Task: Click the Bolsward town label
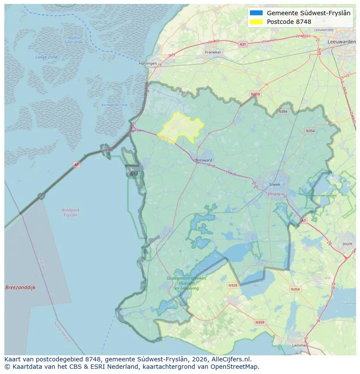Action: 204,160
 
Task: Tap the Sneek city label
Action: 275,184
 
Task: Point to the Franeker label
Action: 213,52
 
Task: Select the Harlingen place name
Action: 147,63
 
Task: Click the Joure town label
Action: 347,244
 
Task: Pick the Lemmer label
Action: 299,345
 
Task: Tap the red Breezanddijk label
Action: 20,288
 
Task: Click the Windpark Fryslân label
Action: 70,212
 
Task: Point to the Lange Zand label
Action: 46,57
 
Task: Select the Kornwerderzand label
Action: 114,105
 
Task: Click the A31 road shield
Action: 243,44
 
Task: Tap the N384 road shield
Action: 283,112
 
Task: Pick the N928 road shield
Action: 233,285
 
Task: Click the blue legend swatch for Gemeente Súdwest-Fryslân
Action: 256,13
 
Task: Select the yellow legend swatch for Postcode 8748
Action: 256,22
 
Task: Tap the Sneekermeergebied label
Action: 321,196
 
